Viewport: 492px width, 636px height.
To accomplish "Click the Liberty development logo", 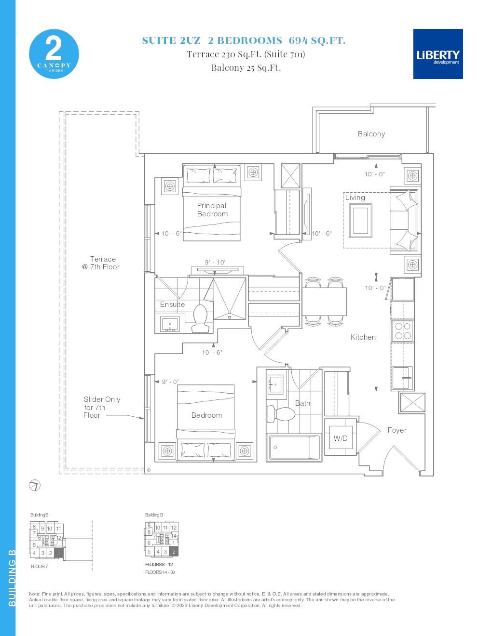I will tap(438, 54).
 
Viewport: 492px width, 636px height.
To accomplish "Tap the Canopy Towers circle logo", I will tap(54, 54).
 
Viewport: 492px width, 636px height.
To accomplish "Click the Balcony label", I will tap(371, 134).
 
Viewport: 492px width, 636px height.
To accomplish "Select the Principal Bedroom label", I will tap(212, 210).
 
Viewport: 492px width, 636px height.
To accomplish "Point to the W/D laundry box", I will tap(341, 438).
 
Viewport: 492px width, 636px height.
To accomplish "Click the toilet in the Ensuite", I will tap(200, 318).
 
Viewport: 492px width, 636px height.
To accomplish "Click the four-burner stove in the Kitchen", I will tap(402, 331).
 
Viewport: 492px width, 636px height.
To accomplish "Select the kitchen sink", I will tap(401, 378).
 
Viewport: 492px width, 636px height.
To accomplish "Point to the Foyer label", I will tap(397, 430).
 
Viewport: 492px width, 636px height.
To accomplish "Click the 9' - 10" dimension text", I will tap(215, 263).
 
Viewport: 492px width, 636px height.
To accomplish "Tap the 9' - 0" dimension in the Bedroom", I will tap(170, 382).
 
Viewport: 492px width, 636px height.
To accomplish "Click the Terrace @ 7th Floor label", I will tap(101, 263).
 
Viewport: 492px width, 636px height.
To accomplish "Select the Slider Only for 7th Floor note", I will tap(100, 407).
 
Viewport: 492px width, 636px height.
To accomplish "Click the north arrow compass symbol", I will tap(35, 486).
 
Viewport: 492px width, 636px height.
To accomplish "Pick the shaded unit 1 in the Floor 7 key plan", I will tap(59, 553).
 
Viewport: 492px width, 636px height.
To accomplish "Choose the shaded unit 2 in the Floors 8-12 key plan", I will tap(174, 551).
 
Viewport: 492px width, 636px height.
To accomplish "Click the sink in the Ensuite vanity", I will tap(170, 323).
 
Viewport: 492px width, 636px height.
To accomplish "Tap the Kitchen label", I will tap(363, 337).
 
